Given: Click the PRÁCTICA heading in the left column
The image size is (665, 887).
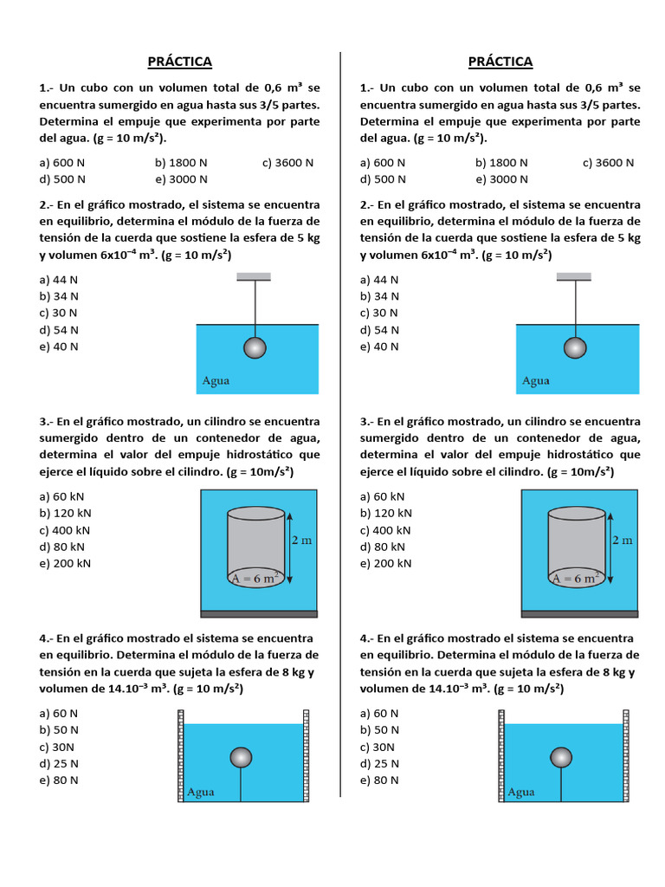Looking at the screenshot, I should coord(179,62).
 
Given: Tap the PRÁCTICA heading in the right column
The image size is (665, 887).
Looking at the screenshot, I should coord(500,62).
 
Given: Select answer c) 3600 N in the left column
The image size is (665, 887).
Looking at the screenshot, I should coord(287,163).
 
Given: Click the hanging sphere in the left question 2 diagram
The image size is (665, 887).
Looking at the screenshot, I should coord(255,347).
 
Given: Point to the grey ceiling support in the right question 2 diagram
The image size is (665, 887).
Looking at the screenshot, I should coord(574,277).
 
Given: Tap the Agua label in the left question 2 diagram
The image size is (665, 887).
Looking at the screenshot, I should coord(216,380).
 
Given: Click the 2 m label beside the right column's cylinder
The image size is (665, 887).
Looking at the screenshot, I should coord(623,541).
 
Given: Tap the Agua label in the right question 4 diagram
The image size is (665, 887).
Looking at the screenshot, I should coord(521,792).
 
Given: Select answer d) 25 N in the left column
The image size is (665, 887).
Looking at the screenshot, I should coord(59,763).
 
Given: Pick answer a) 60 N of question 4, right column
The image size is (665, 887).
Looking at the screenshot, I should coord(379,713).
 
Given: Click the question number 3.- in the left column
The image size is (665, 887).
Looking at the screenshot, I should coord(47,422).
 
